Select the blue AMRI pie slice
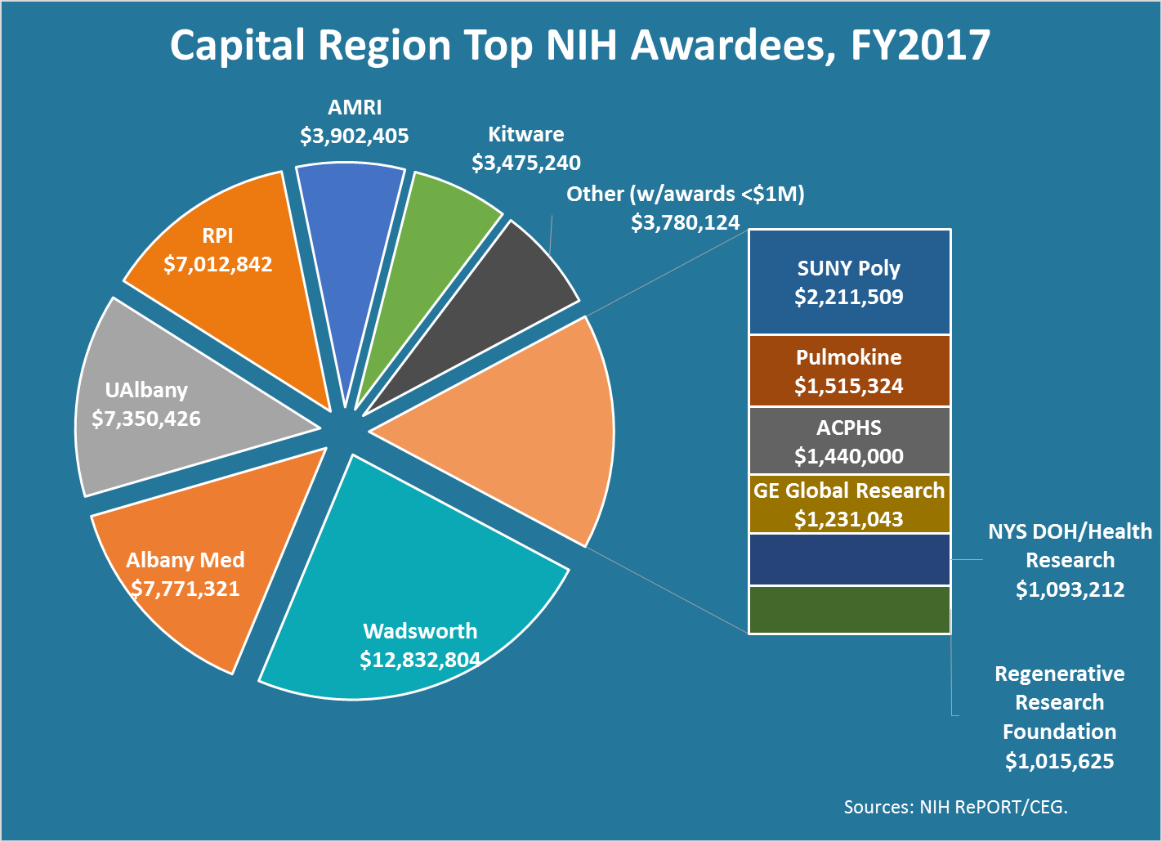[346, 245]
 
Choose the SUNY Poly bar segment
[849, 282]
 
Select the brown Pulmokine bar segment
[849, 371]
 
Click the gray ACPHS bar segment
[849, 441]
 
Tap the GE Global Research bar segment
[849, 504]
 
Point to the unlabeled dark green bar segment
[849, 610]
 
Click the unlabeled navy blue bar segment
[849, 560]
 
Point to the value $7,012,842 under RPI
[218, 265]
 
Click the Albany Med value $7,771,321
[185, 589]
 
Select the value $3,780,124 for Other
[685, 222]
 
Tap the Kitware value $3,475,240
[526, 163]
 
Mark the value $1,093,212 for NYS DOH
[1070, 589]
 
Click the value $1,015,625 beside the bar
[1059, 762]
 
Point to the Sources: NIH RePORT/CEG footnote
[955, 808]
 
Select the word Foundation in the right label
[1059, 732]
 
